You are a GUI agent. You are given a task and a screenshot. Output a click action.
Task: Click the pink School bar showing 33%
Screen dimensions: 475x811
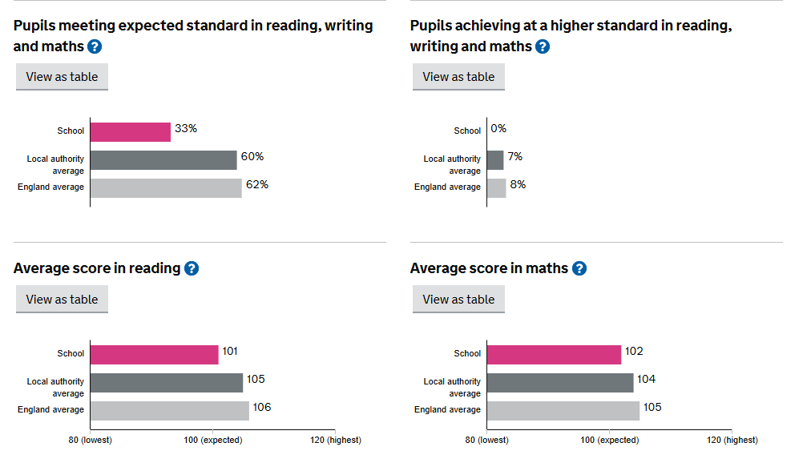[131, 131]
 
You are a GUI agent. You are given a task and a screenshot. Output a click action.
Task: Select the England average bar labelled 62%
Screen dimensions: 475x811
[166, 187]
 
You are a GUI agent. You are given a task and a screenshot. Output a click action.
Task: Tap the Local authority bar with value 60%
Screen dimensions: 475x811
[163, 159]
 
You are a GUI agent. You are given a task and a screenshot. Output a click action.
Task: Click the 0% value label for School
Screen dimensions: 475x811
[498, 129]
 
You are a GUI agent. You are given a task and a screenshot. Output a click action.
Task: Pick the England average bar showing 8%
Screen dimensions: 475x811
[497, 187]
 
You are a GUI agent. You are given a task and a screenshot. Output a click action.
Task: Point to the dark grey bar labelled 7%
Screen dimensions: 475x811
[495, 159]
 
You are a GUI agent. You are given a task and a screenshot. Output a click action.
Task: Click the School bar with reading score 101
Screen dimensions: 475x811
[154, 354]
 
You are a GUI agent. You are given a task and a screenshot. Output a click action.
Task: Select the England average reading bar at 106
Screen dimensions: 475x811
[169, 410]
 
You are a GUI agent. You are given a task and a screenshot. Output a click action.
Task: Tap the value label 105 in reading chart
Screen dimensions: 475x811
[256, 380]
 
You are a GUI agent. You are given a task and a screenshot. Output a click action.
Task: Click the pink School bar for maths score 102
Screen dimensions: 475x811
[554, 354]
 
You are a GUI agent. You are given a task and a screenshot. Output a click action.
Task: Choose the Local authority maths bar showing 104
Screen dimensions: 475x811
[560, 382]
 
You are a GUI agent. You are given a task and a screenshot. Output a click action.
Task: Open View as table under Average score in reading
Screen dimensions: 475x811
[62, 300]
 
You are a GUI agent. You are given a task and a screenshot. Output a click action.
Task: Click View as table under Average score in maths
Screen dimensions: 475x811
[458, 300]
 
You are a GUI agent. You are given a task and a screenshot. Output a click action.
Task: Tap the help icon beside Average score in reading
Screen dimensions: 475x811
[192, 268]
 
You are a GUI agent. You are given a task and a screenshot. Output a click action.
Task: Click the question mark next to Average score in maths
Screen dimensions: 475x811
[579, 268]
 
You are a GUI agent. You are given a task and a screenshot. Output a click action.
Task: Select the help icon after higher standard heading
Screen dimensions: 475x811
[543, 46]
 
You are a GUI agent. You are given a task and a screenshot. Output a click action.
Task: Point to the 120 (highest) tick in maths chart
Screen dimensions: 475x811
[732, 440]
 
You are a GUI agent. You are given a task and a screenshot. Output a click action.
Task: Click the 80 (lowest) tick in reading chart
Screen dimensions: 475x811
[90, 440]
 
